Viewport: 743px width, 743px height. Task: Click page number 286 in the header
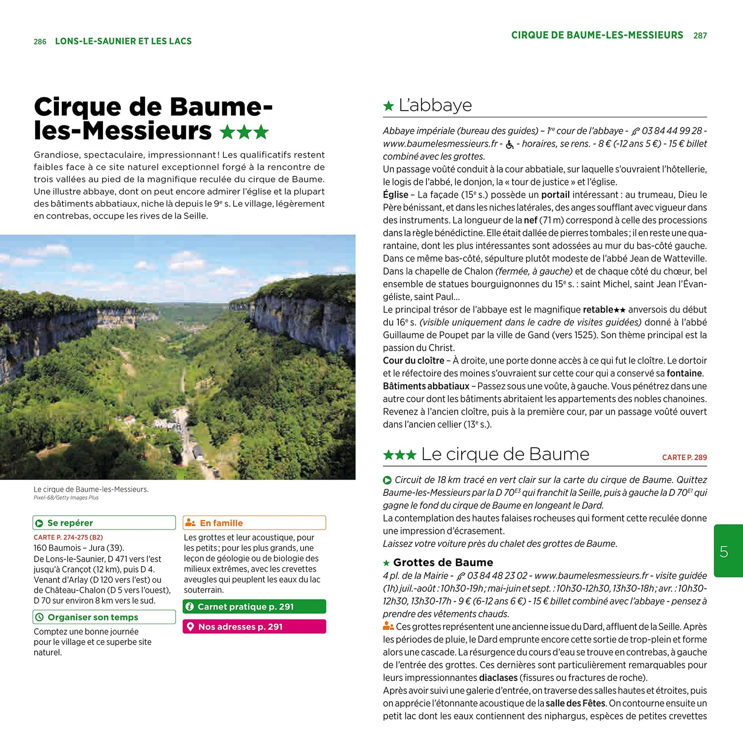[x=40, y=42]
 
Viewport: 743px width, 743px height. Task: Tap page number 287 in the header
[x=700, y=36]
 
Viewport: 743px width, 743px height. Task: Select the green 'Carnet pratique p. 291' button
[x=254, y=607]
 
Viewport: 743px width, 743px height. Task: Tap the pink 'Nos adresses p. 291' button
[x=254, y=627]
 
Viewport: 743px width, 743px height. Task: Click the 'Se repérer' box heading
[x=70, y=523]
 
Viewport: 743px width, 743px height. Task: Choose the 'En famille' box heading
[x=221, y=523]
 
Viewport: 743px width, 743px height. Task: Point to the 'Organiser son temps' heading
[x=93, y=617]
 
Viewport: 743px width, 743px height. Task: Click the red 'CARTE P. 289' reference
[x=684, y=458]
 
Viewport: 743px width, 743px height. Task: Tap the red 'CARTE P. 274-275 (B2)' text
[x=68, y=537]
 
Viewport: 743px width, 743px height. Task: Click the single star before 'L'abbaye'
[x=389, y=106]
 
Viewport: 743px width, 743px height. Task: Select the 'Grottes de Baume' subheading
[x=443, y=563]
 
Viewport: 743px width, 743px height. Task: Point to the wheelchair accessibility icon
[x=510, y=145]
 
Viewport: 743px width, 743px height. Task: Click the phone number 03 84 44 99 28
[x=672, y=131]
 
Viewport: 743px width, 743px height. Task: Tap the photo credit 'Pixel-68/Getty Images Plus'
[x=66, y=498]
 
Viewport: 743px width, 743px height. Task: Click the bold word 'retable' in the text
[x=598, y=310]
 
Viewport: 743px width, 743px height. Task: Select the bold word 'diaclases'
[x=498, y=678]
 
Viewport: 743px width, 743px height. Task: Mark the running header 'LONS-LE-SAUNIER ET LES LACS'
[x=123, y=42]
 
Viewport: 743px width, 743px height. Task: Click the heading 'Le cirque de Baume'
[x=505, y=454]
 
